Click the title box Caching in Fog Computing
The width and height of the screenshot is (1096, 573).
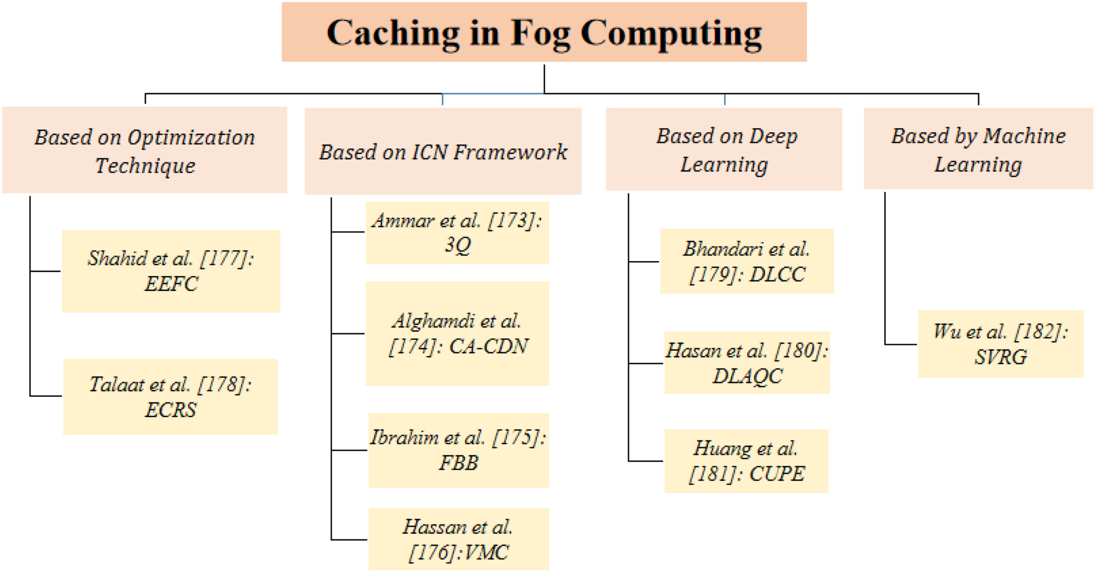[544, 32]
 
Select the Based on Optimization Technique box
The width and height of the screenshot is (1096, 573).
[145, 150]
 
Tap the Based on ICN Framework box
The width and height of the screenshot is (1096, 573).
[443, 151]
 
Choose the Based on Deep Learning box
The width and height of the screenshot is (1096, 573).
[724, 149]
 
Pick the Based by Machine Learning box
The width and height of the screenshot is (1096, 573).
[978, 148]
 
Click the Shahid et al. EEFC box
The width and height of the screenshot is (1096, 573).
[171, 271]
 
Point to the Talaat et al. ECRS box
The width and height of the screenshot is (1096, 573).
[170, 397]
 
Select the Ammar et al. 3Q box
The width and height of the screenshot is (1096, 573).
[457, 233]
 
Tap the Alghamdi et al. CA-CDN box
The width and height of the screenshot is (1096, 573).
[457, 334]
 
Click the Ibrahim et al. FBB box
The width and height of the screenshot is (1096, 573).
[459, 450]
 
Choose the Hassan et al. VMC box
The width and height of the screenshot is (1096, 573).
[459, 539]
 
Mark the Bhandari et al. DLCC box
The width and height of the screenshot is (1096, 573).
[747, 261]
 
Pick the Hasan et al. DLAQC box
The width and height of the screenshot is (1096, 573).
[747, 363]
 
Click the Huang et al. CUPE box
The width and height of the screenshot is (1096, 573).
[747, 461]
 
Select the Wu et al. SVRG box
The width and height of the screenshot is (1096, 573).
[1001, 344]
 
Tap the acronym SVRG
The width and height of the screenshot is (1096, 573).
[1001, 357]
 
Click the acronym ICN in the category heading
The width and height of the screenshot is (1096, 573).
[430, 152]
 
